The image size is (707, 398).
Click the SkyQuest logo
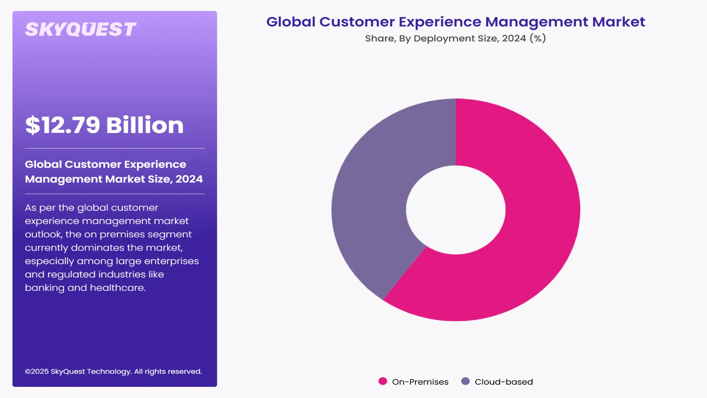80,29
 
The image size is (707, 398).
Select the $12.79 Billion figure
104,125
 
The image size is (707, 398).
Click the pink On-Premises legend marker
383,381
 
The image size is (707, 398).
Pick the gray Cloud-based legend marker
465,381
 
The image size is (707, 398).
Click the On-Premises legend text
420,382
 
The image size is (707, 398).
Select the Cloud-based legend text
504,382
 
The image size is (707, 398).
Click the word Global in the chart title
291,22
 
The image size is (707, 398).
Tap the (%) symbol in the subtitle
538,38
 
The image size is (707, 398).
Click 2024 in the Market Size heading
189,179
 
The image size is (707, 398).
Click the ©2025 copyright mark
36,371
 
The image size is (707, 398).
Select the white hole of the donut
455,210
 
